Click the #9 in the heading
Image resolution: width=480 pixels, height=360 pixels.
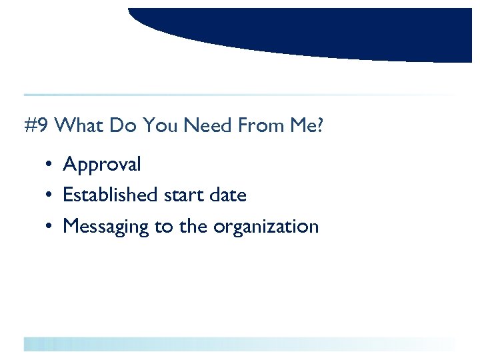(x=37, y=126)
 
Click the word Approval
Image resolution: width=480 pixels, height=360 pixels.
(x=102, y=164)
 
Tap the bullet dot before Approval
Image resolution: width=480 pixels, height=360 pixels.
(x=50, y=165)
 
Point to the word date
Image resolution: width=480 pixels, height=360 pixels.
(x=227, y=195)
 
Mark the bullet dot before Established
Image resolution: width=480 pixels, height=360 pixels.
(x=50, y=196)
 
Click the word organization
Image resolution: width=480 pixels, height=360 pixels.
(x=266, y=227)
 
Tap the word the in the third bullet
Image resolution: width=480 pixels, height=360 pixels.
(x=193, y=227)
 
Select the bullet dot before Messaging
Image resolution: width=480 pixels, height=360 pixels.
(x=50, y=227)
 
